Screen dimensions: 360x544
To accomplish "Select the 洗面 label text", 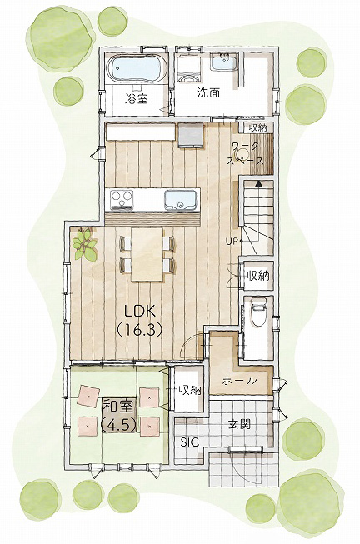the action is (208, 92).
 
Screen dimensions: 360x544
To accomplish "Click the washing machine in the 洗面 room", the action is (189, 68).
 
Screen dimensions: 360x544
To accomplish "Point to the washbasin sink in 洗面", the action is (224, 62).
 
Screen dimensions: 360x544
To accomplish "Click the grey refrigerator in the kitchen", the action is (190, 136).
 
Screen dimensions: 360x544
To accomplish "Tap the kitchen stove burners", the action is (122, 200).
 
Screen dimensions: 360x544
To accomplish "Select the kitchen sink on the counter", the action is (180, 200).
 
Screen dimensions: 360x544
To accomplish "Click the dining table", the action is (147, 254).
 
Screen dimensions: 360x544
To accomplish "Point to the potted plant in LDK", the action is (84, 244).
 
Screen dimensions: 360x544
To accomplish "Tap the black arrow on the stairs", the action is (258, 183).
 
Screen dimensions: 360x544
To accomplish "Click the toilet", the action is (258, 312).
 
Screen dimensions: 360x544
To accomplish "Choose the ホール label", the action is (239, 381).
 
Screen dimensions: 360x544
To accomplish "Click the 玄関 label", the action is (239, 423).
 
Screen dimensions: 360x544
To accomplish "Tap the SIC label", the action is (189, 442).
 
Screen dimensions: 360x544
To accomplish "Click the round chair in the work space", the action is (242, 154).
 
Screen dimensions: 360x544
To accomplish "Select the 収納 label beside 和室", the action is (189, 390).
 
